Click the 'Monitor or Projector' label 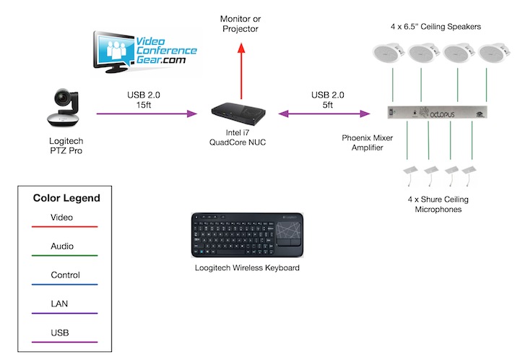tap(240, 23)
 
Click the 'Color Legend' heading tap(66, 198)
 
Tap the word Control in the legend tap(66, 275)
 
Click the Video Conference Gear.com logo tap(147, 53)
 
